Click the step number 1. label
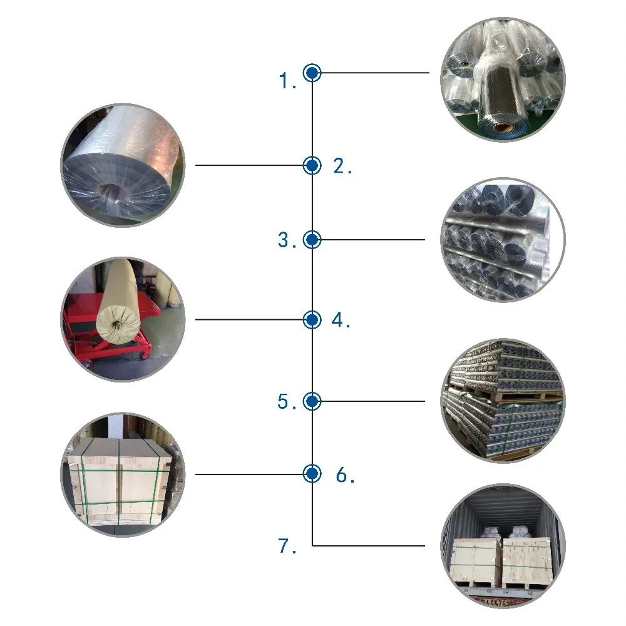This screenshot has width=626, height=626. click(288, 81)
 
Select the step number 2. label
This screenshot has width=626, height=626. click(342, 167)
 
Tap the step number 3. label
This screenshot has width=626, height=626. click(287, 240)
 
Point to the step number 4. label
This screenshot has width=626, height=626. click(341, 321)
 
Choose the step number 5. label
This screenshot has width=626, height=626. click(287, 402)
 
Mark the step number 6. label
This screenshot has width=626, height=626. click(346, 476)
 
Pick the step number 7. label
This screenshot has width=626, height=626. click(287, 546)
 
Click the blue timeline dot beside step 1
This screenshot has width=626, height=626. click(312, 73)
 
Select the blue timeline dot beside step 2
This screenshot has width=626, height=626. click(312, 165)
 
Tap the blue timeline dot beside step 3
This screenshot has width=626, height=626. click(312, 239)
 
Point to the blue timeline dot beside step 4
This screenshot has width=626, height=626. click(312, 320)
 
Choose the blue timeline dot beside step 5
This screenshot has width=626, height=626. click(312, 401)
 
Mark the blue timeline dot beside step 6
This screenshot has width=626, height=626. click(312, 474)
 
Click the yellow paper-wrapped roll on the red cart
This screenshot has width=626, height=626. click(119, 300)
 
